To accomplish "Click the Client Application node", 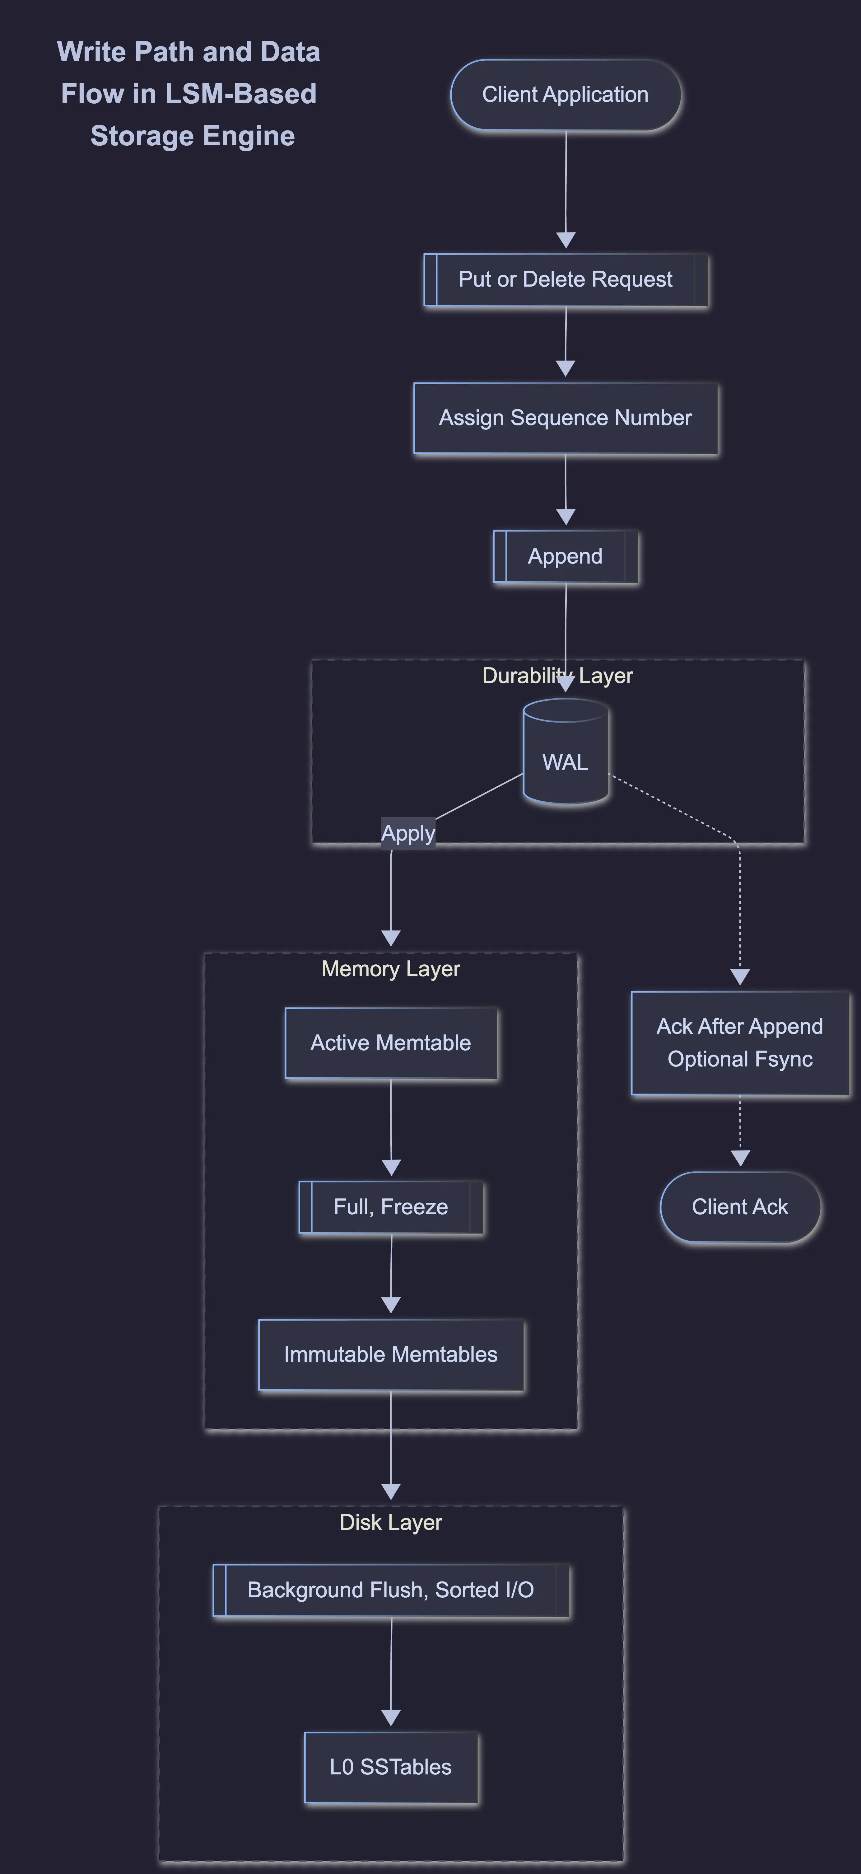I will pyautogui.click(x=565, y=95).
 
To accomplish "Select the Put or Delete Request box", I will pyautogui.click(x=565, y=279).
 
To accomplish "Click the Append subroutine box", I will pyautogui.click(x=565, y=556).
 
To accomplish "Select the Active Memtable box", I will pyautogui.click(x=390, y=1042).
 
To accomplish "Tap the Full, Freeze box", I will pyautogui.click(x=390, y=1207).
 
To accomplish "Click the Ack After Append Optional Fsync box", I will pyautogui.click(x=740, y=1042).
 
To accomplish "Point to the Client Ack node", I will pyautogui.click(x=740, y=1207).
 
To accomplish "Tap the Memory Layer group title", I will pyautogui.click(x=390, y=969).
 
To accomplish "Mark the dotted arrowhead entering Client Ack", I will pyautogui.click(x=740, y=1157).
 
